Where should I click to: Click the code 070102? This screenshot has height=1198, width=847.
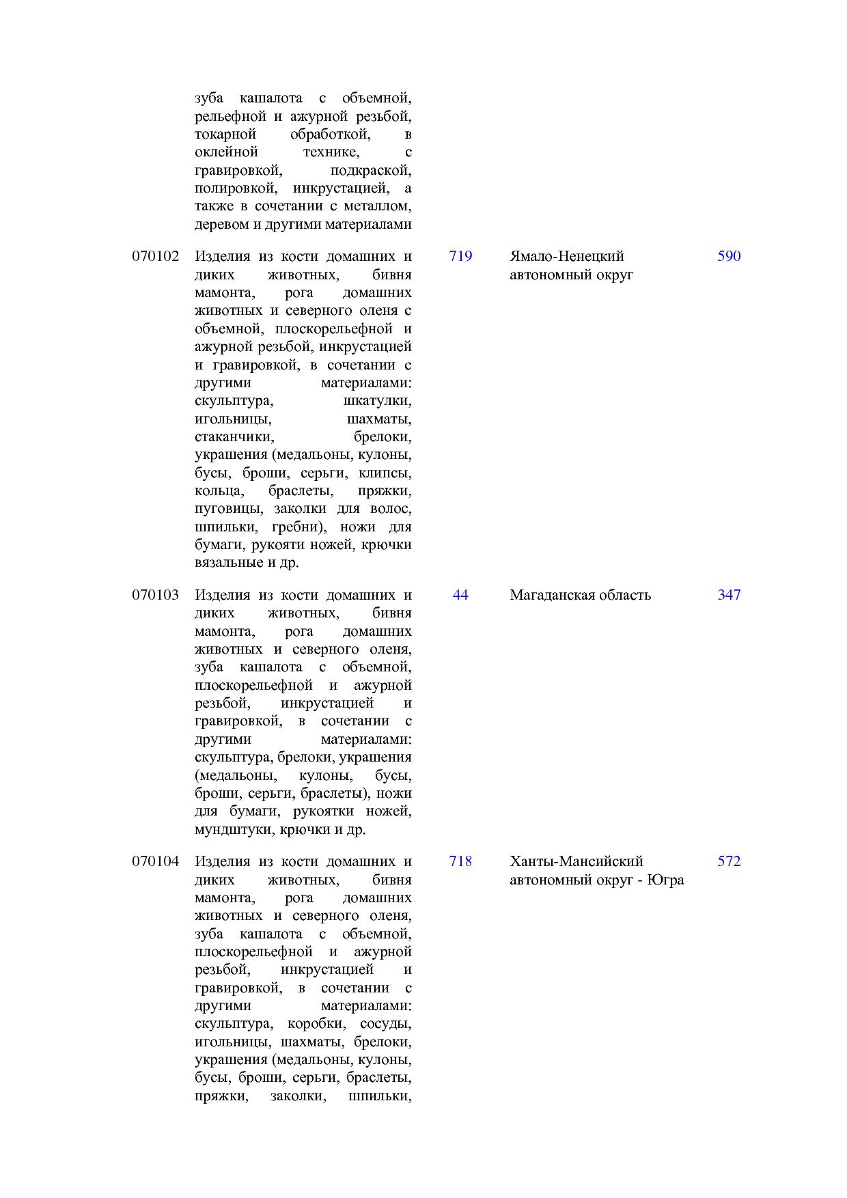156,256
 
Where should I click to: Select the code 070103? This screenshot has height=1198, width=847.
156,595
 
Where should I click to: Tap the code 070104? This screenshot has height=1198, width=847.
156,861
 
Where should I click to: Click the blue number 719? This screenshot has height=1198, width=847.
460,256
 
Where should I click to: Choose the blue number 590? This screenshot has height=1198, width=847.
729,256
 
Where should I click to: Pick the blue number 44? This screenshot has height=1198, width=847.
460,595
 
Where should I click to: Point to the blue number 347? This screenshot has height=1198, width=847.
729,595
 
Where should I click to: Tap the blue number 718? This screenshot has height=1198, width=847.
460,861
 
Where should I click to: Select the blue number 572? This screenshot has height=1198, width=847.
729,861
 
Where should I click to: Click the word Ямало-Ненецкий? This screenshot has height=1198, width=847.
567,256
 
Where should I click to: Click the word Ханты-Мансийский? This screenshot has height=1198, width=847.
577,861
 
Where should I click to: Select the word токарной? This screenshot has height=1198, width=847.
225,135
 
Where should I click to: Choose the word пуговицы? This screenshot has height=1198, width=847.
228,509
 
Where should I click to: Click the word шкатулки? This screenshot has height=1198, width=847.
377,401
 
